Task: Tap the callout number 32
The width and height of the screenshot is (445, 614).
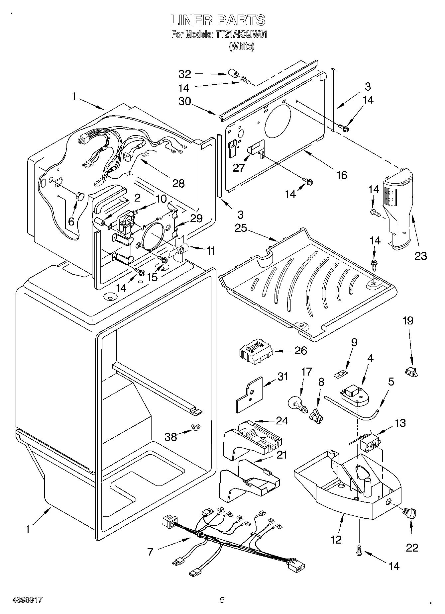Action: tap(185, 74)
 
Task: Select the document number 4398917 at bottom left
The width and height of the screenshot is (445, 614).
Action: tap(28, 600)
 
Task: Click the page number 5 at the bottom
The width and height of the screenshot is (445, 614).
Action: tap(222, 600)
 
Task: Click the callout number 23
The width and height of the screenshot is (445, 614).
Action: tap(420, 256)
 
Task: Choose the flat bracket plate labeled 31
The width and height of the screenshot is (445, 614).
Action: tap(249, 394)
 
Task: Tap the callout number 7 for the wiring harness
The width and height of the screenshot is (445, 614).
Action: tap(150, 552)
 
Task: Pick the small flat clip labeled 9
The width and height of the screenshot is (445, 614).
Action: tap(340, 374)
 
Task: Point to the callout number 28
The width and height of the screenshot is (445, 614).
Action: tap(178, 183)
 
